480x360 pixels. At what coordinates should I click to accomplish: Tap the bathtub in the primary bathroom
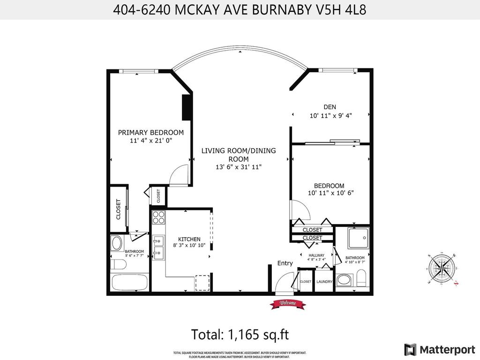(x=130, y=284)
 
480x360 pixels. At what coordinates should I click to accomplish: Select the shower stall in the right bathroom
(x=359, y=238)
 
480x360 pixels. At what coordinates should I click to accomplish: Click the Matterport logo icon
(x=411, y=349)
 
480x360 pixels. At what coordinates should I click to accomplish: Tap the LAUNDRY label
(x=324, y=282)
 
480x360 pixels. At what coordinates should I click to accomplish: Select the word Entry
(x=285, y=263)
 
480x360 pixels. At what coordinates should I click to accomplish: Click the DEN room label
(x=330, y=107)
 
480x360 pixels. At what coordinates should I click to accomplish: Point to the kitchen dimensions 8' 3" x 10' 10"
(x=189, y=244)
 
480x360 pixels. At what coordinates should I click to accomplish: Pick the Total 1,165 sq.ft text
(x=240, y=335)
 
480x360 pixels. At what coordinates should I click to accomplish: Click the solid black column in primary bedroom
(x=187, y=108)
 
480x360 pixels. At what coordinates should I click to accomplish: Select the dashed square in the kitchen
(x=202, y=283)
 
